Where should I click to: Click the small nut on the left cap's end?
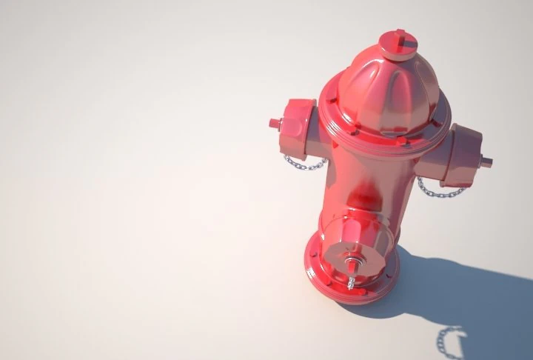point(275,122)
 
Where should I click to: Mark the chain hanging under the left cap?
point(303,162)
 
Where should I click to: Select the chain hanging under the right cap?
point(440,191)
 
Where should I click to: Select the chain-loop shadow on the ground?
point(449,340)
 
